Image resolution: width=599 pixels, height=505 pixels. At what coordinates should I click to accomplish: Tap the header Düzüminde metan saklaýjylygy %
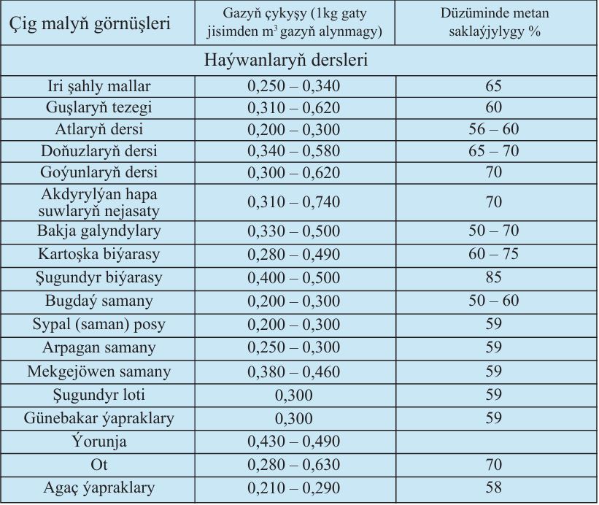pyautogui.click(x=495, y=22)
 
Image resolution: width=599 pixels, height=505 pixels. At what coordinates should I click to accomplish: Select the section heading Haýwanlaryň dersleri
pyautogui.click(x=286, y=61)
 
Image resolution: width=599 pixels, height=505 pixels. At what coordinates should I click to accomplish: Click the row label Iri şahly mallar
pyautogui.click(x=99, y=86)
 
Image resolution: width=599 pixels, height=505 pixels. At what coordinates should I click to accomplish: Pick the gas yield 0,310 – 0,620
pyautogui.click(x=294, y=108)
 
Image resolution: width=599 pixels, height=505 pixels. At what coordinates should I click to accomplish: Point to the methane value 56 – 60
pyautogui.click(x=493, y=129)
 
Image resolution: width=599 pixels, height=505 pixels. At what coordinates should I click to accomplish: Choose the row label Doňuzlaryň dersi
pyautogui.click(x=99, y=151)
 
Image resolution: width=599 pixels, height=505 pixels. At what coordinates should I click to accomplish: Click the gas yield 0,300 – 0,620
pyautogui.click(x=294, y=173)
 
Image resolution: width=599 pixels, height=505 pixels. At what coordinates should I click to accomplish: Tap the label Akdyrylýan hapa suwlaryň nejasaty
pyautogui.click(x=99, y=202)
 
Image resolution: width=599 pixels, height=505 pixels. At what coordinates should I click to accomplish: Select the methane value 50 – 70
pyautogui.click(x=493, y=231)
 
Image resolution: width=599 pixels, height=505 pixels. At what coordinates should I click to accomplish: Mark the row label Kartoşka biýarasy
pyautogui.click(x=99, y=255)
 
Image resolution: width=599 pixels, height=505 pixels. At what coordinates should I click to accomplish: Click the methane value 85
pyautogui.click(x=493, y=277)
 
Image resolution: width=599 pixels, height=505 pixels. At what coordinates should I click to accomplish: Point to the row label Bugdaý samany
pyautogui.click(x=99, y=301)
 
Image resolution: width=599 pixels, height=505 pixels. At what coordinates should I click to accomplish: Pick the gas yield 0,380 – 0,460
pyautogui.click(x=294, y=371)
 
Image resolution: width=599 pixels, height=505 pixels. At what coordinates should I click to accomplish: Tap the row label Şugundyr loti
pyautogui.click(x=99, y=395)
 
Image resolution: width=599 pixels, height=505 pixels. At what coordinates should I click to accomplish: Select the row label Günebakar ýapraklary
pyautogui.click(x=99, y=419)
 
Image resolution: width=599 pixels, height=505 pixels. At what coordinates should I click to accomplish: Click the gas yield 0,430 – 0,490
pyautogui.click(x=294, y=442)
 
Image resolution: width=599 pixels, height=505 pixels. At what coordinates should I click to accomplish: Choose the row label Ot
pyautogui.click(x=99, y=465)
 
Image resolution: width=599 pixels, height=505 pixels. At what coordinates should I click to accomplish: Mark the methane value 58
pyautogui.click(x=493, y=487)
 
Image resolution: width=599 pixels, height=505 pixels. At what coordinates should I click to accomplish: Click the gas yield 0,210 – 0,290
pyautogui.click(x=294, y=488)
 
